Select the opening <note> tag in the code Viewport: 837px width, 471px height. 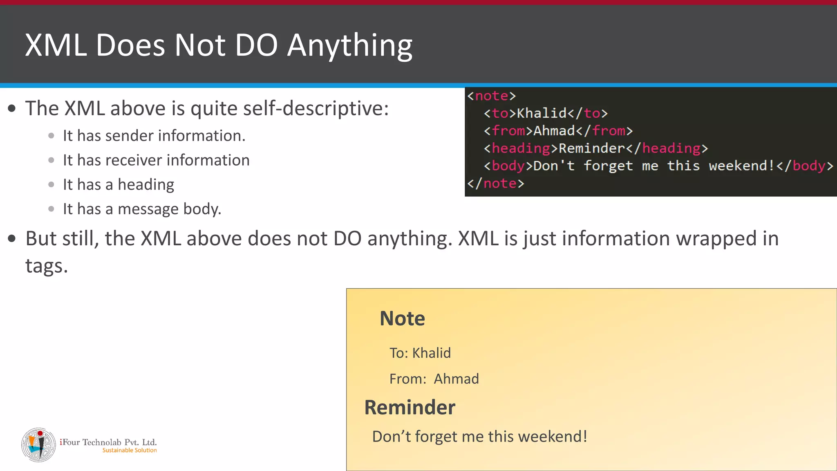click(x=491, y=96)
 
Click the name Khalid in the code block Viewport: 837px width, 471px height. click(x=542, y=113)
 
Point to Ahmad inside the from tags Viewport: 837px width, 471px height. click(x=554, y=131)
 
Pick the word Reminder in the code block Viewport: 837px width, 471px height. click(x=591, y=148)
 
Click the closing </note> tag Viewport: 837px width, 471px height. click(x=495, y=183)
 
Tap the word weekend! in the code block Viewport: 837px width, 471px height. click(x=741, y=166)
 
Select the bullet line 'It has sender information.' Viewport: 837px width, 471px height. click(x=154, y=136)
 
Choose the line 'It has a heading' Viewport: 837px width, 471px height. click(x=119, y=185)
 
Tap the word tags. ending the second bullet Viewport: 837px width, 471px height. click(x=46, y=266)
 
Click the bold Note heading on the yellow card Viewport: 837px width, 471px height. click(x=402, y=318)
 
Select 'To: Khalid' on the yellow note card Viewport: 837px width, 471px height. click(x=420, y=353)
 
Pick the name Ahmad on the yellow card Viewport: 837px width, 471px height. click(x=456, y=379)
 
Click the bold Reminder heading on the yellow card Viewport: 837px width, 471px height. click(x=410, y=408)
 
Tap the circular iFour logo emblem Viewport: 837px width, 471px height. click(x=38, y=445)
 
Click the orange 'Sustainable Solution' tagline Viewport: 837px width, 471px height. click(x=129, y=451)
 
